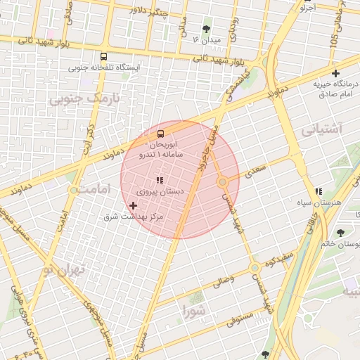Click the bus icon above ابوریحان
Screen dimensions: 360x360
(161, 133)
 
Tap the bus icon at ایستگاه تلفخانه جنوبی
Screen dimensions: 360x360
(104, 57)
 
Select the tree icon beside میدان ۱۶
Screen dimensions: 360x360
(206, 30)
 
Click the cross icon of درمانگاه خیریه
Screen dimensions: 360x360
(336, 73)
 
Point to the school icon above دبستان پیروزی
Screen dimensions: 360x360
(159, 181)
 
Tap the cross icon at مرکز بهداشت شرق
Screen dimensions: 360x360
(134, 205)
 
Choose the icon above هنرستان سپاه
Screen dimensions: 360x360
(319, 191)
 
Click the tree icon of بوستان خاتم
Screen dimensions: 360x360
(340, 233)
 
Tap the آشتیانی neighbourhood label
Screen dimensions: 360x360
(321, 129)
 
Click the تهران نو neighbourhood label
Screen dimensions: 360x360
(63, 269)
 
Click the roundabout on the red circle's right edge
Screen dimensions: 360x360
(223, 182)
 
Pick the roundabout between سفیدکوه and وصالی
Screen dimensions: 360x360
(255, 268)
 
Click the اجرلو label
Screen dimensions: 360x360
(308, 8)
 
